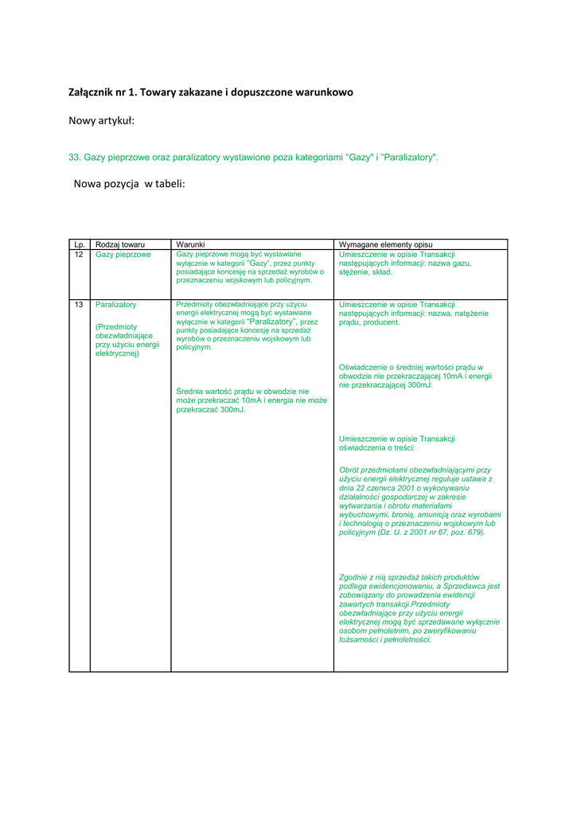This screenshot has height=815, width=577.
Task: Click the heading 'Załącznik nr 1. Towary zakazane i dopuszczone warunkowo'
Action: coord(211,92)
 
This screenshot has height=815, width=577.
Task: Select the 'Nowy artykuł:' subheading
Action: coord(101,121)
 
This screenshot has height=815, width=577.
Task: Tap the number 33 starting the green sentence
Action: coord(75,158)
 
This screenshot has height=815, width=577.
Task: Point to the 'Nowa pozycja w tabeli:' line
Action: coord(129,184)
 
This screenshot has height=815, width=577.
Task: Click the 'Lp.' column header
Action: coord(79,244)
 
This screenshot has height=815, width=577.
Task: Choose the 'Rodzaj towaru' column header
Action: coord(119,244)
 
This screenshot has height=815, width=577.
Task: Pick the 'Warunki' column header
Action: coord(191,244)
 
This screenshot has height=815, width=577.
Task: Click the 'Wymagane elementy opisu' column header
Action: coord(386,244)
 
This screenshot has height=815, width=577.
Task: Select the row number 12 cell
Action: coord(79,255)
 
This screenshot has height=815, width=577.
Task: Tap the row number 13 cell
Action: coord(79,305)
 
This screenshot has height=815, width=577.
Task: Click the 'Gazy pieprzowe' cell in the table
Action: coord(123,255)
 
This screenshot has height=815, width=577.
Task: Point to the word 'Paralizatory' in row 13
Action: coord(116,305)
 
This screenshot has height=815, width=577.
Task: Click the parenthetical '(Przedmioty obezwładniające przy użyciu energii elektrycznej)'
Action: coord(127,340)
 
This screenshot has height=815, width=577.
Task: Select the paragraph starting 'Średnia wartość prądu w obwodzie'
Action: coord(251,400)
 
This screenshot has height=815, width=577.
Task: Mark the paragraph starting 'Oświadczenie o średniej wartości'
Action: coord(415,376)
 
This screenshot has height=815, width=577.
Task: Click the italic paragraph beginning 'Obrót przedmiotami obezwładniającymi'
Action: coord(419,501)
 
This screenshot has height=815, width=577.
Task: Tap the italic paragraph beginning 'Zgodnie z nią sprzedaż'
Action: coord(419,608)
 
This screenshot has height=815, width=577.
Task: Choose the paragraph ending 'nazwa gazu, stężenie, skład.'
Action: coord(405,263)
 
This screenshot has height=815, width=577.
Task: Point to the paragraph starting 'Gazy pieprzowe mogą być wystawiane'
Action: coord(251,267)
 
